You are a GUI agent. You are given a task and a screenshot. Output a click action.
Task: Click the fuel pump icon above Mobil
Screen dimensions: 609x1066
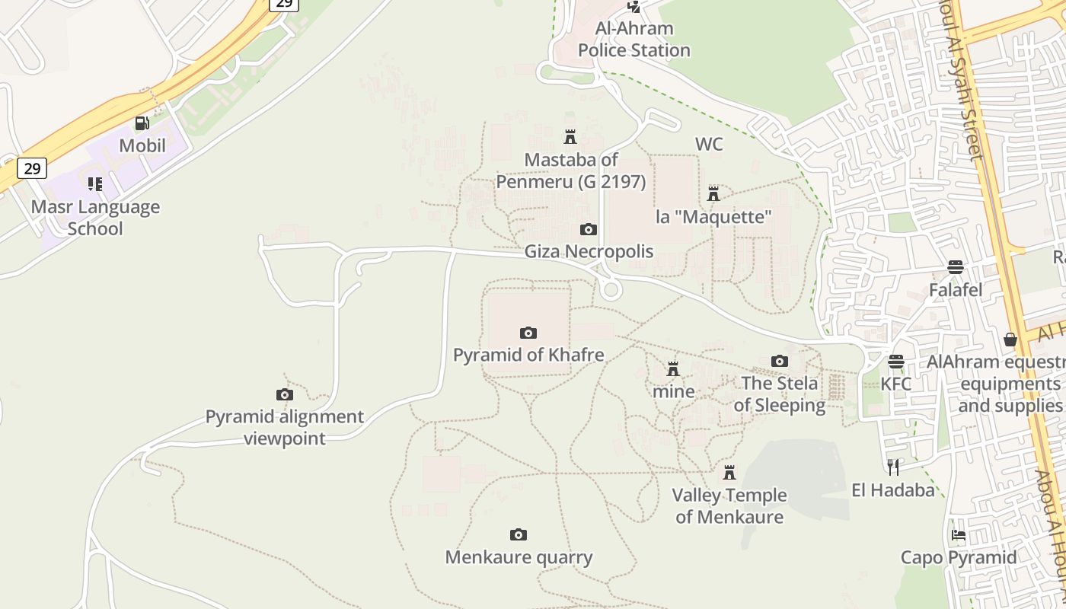point(142,123)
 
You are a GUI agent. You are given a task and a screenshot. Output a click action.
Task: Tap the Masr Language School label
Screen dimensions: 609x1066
point(95,218)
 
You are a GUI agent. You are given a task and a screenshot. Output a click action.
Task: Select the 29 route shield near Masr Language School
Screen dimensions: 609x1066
point(32,167)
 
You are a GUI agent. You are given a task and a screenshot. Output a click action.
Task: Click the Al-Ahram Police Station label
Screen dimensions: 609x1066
point(634,40)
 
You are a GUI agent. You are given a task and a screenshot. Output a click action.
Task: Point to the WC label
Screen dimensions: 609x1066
point(709,144)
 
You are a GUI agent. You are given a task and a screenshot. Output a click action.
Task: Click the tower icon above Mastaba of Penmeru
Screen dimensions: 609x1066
point(570,137)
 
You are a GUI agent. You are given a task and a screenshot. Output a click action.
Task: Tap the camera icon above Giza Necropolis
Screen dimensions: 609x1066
point(588,229)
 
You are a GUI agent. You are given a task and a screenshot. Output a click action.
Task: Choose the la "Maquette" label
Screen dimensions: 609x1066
point(713,217)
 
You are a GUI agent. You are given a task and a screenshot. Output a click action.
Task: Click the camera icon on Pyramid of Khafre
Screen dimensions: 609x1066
point(528,333)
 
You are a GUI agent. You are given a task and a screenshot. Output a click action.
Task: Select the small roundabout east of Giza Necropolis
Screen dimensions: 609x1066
point(610,289)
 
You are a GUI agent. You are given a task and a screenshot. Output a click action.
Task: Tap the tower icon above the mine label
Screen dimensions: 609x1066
point(673,369)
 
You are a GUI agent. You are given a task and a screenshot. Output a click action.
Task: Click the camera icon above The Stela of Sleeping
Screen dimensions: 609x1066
point(779,361)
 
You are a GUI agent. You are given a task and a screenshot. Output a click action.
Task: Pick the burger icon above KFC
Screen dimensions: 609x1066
point(896,361)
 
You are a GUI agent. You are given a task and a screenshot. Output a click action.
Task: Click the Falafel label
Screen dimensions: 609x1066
point(956,290)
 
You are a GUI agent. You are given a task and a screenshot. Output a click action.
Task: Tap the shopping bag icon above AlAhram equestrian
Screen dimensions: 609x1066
point(1010,340)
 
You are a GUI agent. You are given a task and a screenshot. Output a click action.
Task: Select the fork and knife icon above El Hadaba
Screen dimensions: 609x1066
point(893,467)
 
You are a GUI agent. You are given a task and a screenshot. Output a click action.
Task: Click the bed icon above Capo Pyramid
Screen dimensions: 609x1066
point(959,535)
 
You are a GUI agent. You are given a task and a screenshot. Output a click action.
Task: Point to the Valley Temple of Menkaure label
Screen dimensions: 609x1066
point(729,506)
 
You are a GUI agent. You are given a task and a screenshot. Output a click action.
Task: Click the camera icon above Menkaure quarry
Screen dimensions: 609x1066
point(519,534)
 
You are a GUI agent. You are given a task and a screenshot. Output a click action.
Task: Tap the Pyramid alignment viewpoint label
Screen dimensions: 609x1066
point(285,428)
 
